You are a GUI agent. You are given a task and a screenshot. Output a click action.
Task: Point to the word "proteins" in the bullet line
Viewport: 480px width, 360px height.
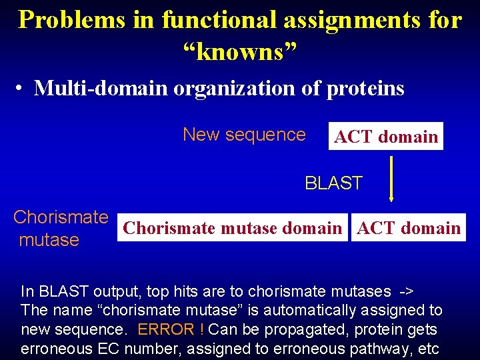point(365,87)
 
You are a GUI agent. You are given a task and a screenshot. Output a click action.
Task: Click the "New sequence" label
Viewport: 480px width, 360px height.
point(244,135)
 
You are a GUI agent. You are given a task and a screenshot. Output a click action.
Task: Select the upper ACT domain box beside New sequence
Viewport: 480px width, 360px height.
point(386,137)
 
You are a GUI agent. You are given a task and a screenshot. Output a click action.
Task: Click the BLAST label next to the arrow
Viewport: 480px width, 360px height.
point(333,183)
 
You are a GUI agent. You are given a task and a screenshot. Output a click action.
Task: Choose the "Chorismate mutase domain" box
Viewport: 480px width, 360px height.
point(233,228)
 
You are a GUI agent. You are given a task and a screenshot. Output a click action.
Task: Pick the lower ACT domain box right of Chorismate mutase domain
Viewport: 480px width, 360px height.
point(409,228)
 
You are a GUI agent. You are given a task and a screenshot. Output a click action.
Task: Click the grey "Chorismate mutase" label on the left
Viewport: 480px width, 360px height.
point(60,229)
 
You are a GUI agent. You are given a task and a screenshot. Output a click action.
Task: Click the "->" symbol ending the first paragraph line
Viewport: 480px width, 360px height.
point(405,291)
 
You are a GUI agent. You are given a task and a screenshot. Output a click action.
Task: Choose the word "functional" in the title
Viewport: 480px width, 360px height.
point(219,19)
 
